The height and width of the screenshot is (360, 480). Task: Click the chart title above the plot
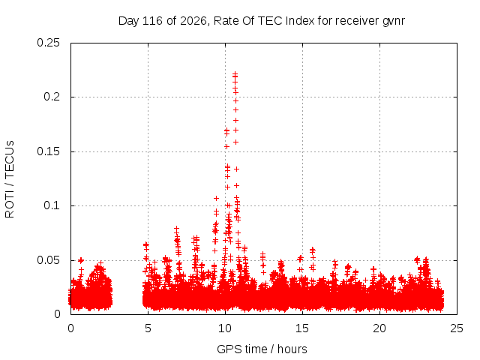pos(262,21)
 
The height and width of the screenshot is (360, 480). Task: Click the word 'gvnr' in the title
pos(394,22)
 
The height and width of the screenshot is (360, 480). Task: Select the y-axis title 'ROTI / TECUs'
pos(10,179)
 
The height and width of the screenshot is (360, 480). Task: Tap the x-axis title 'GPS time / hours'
pos(262,349)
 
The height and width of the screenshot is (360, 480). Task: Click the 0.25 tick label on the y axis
pos(48,43)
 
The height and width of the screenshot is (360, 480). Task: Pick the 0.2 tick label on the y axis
pos(52,97)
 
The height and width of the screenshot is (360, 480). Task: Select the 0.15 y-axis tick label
pos(48,151)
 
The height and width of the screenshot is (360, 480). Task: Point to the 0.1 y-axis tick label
pos(52,205)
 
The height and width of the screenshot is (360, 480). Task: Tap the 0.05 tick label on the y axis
pos(48,260)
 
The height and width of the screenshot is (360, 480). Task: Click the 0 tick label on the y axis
pos(57,314)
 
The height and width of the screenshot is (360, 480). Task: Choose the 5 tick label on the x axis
pos(148,328)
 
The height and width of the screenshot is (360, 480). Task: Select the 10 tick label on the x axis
pos(225,328)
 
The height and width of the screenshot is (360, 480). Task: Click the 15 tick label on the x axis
pos(302,328)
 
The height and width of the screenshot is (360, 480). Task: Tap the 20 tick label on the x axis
pos(379,328)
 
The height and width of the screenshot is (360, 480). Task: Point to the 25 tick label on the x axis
pos(457,328)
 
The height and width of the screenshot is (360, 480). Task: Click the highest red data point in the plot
pos(235,73)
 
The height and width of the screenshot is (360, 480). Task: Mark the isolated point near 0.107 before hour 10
pos(216,198)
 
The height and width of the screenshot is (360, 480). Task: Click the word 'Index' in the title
pos(300,21)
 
